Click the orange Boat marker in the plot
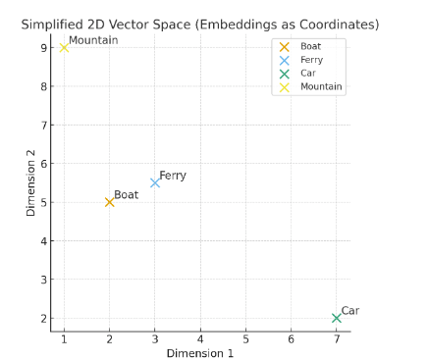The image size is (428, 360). tap(109, 202)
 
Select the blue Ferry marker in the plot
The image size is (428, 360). tap(155, 182)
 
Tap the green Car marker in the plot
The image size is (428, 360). tap(337, 318)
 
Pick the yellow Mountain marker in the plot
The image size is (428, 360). tap(64, 47)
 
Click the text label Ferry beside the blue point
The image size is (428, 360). tap(173, 176)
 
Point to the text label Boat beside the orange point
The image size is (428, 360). tap(127, 195)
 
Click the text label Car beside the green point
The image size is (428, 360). tap(350, 311)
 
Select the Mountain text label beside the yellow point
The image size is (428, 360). tap(93, 40)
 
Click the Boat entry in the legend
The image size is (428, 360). tap(310, 46)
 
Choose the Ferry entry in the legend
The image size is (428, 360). tap(311, 60)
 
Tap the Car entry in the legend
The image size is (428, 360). tap(308, 74)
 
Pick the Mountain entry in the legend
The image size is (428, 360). tap(321, 87)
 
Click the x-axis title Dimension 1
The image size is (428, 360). tap(199, 353)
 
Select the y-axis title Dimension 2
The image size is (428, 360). tap(30, 182)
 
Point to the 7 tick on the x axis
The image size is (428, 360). tap(337, 339)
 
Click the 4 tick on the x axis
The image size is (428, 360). tap(200, 339)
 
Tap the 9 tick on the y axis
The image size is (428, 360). tap(44, 48)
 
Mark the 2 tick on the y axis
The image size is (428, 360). tap(44, 319)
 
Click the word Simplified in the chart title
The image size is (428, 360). tap(55, 25)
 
